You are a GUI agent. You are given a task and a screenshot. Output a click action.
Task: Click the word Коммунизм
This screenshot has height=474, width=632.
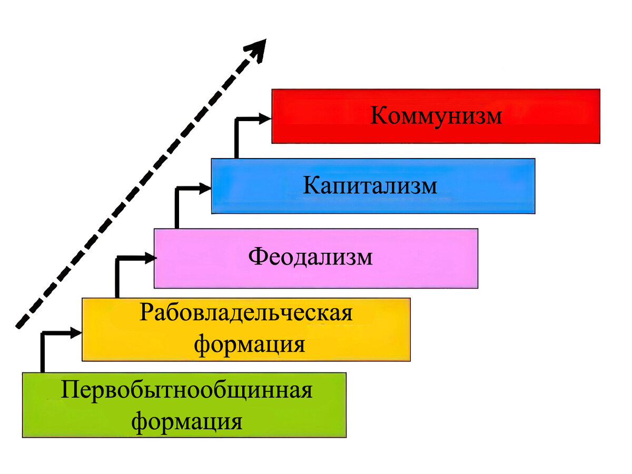[x=436, y=116]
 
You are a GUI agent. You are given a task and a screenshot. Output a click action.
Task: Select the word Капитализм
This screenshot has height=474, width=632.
[x=370, y=186]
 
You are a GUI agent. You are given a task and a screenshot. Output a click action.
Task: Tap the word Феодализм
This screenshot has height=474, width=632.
[x=311, y=257]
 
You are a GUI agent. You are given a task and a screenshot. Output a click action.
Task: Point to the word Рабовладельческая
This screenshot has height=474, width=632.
[x=246, y=313]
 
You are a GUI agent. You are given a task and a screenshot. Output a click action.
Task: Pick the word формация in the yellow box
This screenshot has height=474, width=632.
[x=250, y=345]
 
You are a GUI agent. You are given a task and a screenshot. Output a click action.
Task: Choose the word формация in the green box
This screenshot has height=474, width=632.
[x=187, y=422]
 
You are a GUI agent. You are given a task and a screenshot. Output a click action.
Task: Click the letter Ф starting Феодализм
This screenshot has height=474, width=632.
[x=257, y=257]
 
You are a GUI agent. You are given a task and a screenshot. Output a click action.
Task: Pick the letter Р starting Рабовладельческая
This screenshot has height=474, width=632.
[x=147, y=313]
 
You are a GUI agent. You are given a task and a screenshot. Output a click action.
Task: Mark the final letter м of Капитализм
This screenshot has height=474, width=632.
[x=429, y=187]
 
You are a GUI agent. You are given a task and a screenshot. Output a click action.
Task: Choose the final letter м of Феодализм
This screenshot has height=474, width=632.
[x=364, y=258]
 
